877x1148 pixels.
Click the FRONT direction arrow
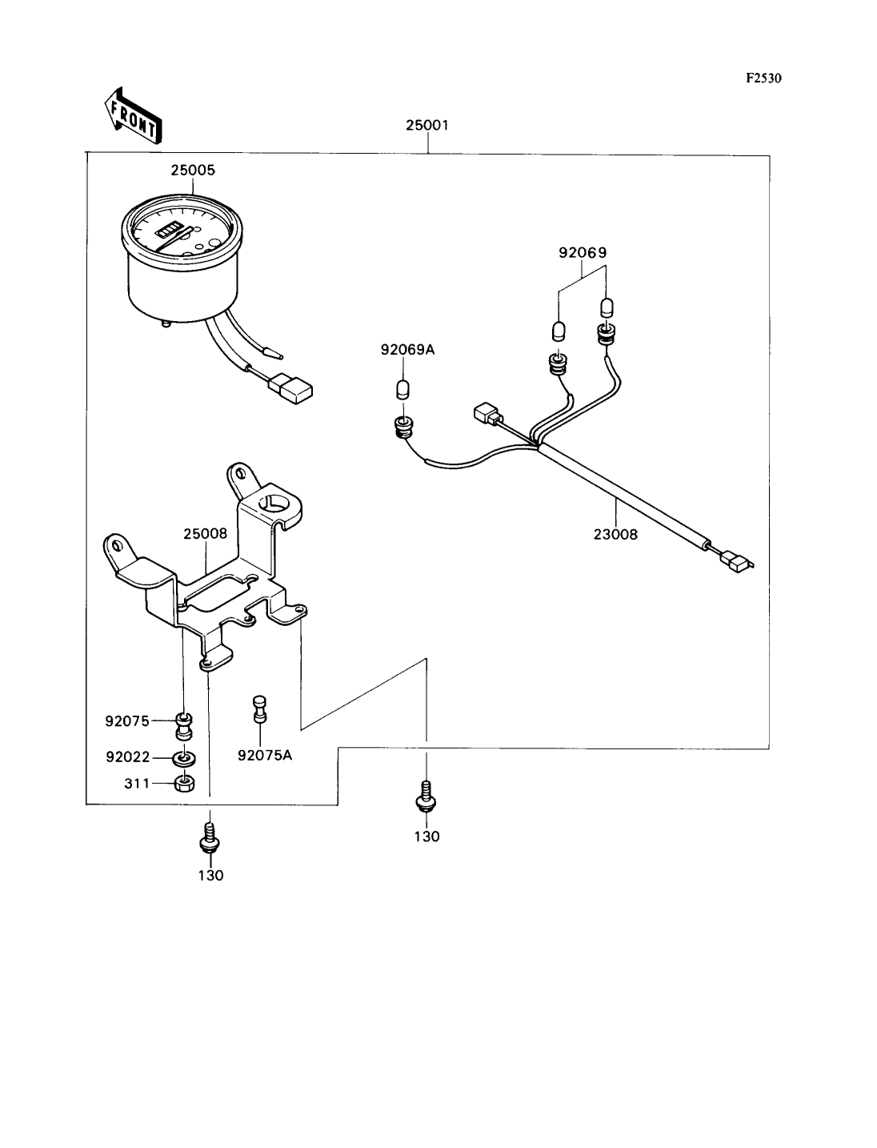pos(134,116)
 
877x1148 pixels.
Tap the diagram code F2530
pos(763,78)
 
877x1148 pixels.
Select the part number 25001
pos(427,126)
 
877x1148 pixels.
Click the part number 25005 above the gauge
pos(193,170)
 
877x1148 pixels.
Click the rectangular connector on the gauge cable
pos(290,389)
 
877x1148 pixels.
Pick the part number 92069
pos(583,253)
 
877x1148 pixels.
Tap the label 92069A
pos(407,350)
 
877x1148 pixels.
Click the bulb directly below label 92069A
pos(402,391)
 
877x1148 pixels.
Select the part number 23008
pos(615,535)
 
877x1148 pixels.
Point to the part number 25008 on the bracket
pos(206,533)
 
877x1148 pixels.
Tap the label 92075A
pos(265,755)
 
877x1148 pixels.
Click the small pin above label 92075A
pos(260,710)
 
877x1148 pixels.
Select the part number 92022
pos(128,757)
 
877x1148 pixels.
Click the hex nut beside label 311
pos(185,784)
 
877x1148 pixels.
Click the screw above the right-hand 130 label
pos(426,797)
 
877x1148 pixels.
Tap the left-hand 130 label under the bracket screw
pos(210,876)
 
